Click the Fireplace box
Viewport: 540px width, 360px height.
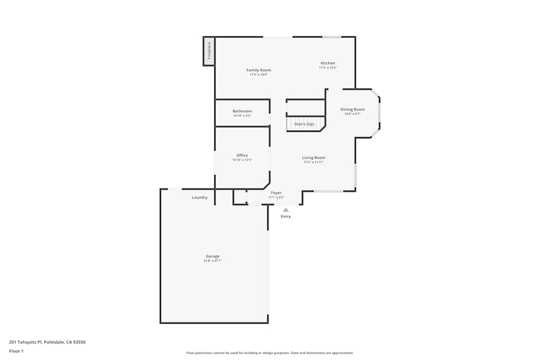(209, 51)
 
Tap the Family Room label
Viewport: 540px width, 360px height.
(259, 70)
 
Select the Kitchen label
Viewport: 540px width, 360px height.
(328, 63)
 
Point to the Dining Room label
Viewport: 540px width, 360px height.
(352, 110)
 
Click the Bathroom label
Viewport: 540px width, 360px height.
(242, 111)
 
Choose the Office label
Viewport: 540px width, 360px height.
(242, 155)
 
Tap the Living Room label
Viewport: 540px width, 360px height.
(313, 158)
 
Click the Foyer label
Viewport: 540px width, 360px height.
(276, 193)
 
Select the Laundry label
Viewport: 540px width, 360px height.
(199, 198)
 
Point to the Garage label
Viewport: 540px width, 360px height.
(212, 256)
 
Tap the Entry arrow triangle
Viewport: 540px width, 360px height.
(286, 210)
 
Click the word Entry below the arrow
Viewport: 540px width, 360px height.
(286, 217)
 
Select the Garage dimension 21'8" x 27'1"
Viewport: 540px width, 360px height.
(212, 261)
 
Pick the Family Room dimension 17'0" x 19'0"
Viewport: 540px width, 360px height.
(259, 75)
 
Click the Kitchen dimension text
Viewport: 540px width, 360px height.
(328, 68)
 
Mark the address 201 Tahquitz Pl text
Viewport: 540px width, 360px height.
(47, 342)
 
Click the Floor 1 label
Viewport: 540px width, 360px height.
(16, 351)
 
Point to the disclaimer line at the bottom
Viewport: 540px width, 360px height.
(270, 353)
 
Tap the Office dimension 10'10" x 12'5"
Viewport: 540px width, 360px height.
(242, 160)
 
